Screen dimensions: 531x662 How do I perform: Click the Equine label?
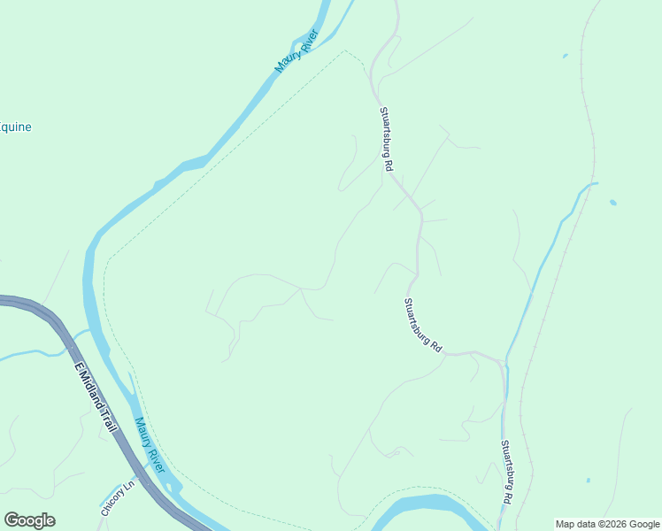click(15, 127)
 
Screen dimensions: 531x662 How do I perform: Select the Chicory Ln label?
click(118, 498)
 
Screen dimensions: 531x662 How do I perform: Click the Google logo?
click(29, 520)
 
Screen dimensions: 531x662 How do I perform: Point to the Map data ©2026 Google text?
click(607, 524)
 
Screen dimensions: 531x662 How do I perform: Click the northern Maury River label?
click(296, 52)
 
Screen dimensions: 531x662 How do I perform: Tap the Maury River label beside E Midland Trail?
click(150, 444)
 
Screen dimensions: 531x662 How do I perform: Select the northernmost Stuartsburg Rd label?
click(387, 139)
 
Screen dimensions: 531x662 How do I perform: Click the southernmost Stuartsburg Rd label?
click(506, 473)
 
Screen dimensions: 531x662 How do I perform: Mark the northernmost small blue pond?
click(565, 57)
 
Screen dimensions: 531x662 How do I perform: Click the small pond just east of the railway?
click(612, 203)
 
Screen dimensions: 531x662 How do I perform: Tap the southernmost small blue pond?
click(588, 481)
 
